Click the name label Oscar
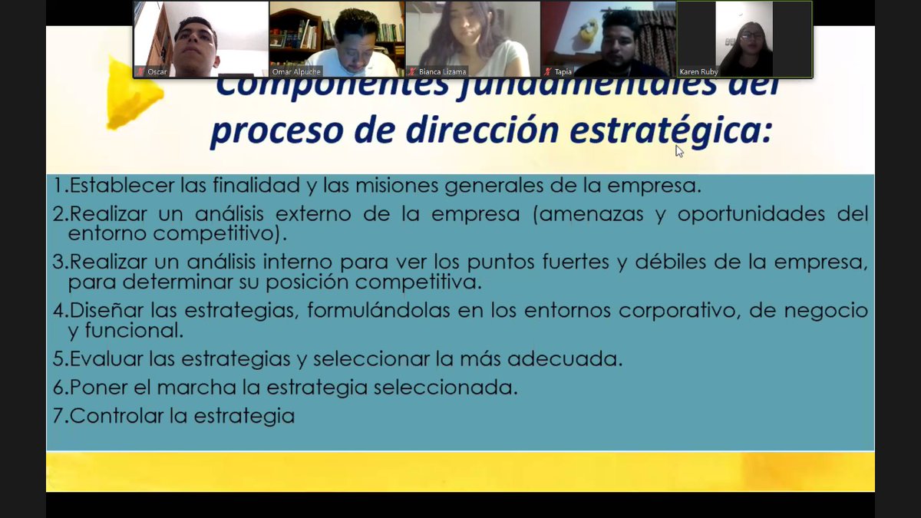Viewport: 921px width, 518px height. (157, 72)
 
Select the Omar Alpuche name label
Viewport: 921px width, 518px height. (297, 72)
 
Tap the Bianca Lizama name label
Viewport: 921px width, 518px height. (442, 72)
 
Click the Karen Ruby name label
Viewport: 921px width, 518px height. (698, 72)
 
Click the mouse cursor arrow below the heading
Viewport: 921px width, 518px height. (679, 150)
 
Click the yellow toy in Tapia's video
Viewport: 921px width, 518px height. (588, 31)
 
